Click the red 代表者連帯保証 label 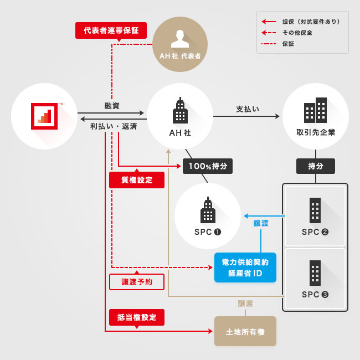111,30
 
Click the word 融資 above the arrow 112,106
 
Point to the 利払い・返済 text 114,126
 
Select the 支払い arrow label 248,109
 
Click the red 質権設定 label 137,180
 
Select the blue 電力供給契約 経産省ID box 245,268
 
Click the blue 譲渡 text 261,223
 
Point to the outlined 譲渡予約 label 137,282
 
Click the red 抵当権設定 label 137,317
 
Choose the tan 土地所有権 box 245,331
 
